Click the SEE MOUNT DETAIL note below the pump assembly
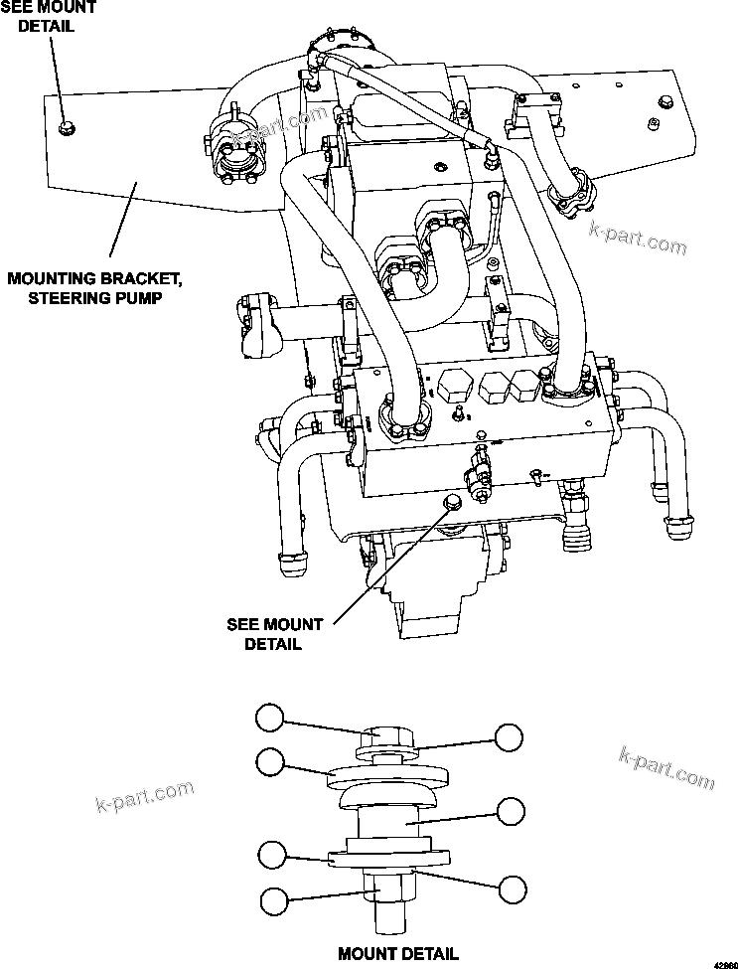275,633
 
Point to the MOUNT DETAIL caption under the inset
397,954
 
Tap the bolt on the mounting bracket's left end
65,126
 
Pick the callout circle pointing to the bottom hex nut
274,901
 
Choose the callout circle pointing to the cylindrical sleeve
510,810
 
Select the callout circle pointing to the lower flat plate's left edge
271,853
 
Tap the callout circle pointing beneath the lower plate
512,888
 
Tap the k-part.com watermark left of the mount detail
144,795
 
